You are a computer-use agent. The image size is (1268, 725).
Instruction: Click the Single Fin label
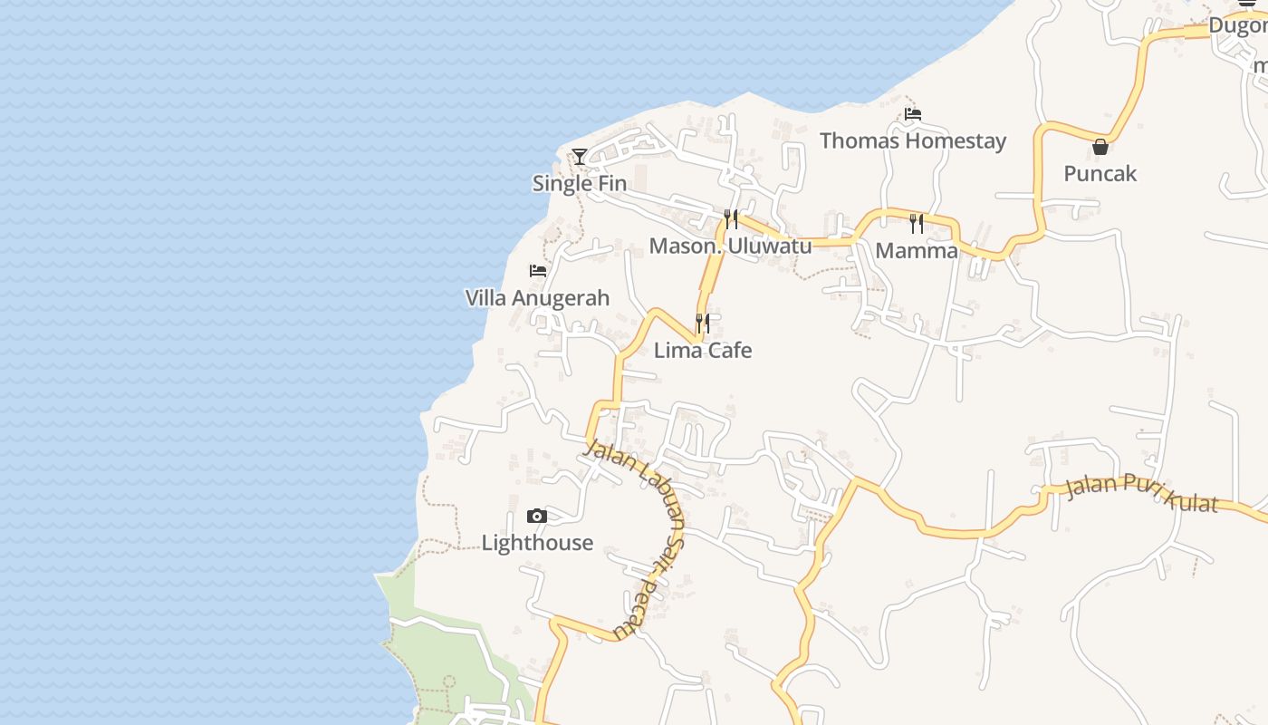tap(579, 183)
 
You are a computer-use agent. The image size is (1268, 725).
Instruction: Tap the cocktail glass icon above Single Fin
tap(580, 157)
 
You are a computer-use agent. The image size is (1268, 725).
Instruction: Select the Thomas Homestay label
tap(913, 140)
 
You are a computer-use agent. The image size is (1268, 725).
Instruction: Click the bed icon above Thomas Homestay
tap(913, 114)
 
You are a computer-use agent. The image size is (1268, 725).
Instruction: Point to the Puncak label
tap(1100, 173)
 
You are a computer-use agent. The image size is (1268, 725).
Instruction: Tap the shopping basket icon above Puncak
tap(1100, 146)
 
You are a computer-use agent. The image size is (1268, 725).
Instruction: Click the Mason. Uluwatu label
tap(730, 246)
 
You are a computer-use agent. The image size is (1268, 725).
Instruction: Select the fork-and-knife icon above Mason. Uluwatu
tap(730, 219)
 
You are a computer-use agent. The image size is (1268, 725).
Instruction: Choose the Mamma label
tap(917, 250)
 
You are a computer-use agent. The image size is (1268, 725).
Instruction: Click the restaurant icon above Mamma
tap(917, 223)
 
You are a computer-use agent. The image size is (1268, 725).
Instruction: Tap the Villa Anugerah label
tap(537, 298)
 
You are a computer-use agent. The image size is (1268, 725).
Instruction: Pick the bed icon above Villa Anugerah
tap(538, 271)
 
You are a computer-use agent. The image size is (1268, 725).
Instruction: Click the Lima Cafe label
tap(703, 350)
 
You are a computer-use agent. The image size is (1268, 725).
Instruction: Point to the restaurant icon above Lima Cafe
tap(702, 323)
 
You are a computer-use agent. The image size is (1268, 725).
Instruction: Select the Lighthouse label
tap(537, 543)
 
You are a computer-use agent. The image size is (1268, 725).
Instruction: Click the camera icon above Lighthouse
tap(537, 517)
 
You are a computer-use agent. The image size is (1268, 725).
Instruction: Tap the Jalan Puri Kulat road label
tap(1141, 494)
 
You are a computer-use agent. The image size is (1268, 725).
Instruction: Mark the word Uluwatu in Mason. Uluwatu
tap(770, 246)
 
